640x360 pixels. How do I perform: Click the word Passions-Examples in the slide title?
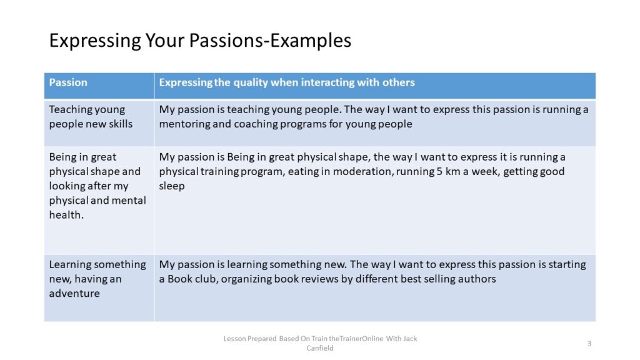click(270, 41)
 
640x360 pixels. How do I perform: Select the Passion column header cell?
click(99, 86)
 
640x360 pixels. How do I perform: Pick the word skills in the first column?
click(121, 124)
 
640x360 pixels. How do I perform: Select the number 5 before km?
click(439, 171)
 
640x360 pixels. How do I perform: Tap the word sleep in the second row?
click(172, 186)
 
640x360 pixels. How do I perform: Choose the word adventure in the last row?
click(74, 294)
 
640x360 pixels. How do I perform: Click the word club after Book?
click(203, 279)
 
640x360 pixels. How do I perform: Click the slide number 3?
click(589, 344)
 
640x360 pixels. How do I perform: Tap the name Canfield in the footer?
click(320, 348)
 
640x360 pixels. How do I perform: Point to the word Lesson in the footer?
click(234, 339)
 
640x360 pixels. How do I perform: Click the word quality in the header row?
click(250, 83)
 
